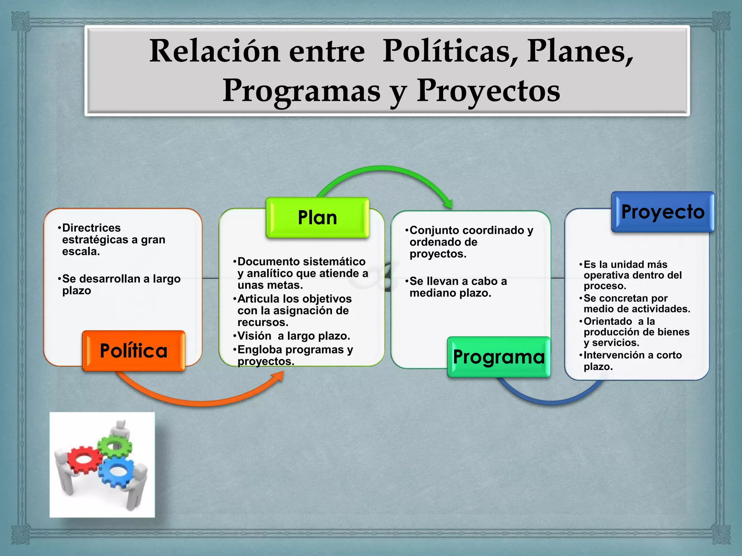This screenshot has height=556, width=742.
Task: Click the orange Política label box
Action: pyautogui.click(x=134, y=350)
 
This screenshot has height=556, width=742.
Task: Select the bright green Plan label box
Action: pyautogui.click(x=317, y=218)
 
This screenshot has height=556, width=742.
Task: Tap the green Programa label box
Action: pyautogui.click(x=499, y=357)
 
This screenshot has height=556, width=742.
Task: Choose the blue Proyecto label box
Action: pyautogui.click(x=663, y=212)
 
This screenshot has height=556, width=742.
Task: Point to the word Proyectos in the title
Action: pyautogui.click(x=488, y=90)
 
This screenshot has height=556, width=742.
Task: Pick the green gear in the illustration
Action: pyautogui.click(x=115, y=445)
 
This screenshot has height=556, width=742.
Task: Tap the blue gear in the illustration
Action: pyautogui.click(x=117, y=471)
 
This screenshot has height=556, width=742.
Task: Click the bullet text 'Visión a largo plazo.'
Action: pyautogui.click(x=293, y=336)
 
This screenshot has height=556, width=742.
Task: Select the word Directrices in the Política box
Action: pyautogui.click(x=91, y=228)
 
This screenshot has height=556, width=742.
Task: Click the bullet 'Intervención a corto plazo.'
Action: pyautogui.click(x=632, y=361)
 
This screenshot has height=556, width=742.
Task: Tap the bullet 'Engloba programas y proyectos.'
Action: pyautogui.click(x=295, y=355)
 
